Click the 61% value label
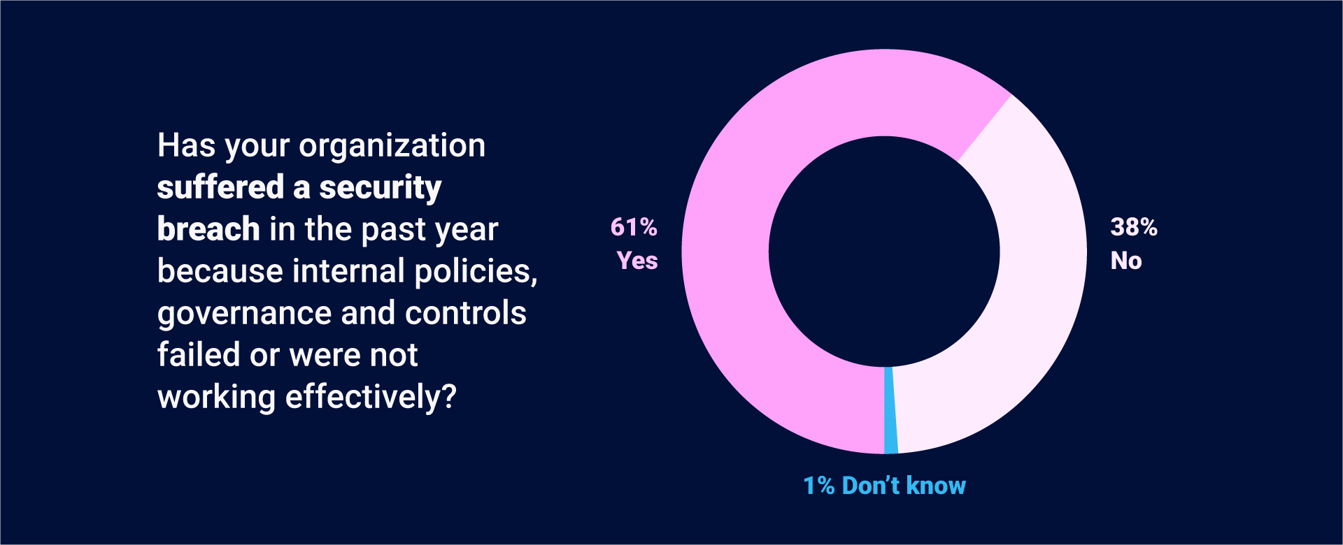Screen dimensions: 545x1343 (x=634, y=227)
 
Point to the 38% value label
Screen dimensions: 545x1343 (x=1134, y=227)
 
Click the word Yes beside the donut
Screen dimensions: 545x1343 (x=637, y=261)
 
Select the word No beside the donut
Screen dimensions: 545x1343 (x=1126, y=261)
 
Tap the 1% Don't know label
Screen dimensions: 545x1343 (x=884, y=486)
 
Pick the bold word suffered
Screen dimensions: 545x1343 (x=220, y=187)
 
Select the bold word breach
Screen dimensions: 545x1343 (x=208, y=229)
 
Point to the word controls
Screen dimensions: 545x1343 (x=465, y=313)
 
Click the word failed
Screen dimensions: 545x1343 (x=199, y=355)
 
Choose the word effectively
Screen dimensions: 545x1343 (x=362, y=397)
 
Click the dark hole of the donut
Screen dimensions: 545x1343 (x=884, y=252)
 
